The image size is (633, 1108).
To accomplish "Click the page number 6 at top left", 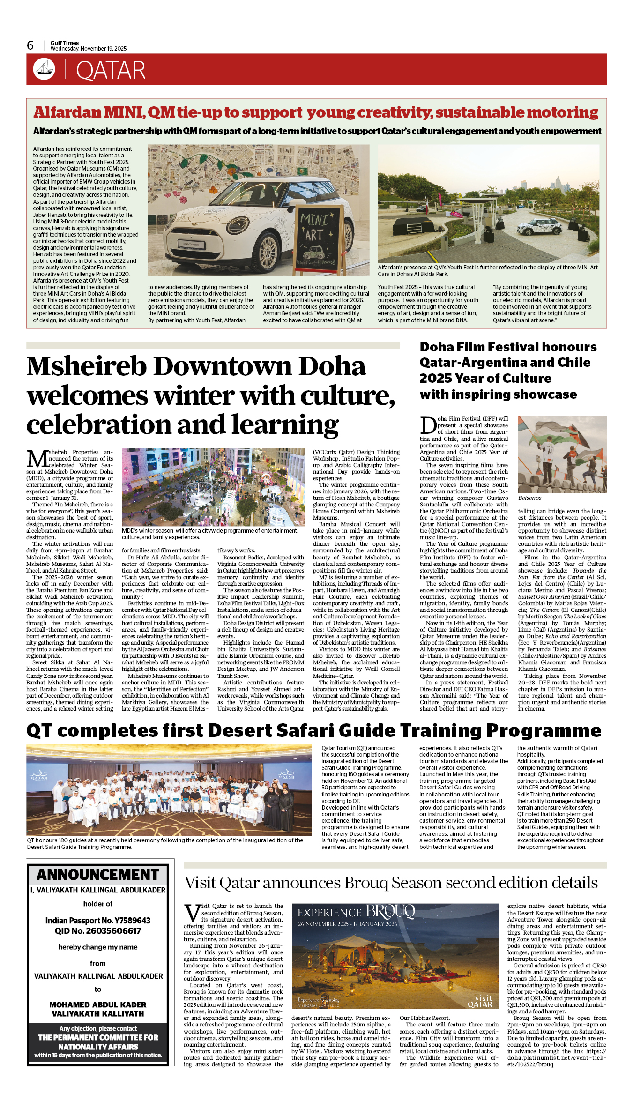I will click(x=30, y=45).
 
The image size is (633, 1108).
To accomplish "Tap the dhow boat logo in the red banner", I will click(x=44, y=69).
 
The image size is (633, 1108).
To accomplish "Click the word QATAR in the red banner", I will click(x=111, y=71).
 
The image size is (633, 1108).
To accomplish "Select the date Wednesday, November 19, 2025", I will click(x=89, y=49).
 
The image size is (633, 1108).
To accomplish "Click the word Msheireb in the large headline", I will click(x=89, y=367).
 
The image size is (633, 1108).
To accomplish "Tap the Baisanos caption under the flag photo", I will click(x=529, y=498).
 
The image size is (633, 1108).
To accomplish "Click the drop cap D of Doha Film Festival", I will click(x=428, y=425).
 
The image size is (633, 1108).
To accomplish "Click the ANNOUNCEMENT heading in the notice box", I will click(x=98, y=875).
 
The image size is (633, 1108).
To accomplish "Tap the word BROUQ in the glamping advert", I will click(x=390, y=911).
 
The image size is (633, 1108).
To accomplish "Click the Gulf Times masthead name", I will click(x=65, y=43).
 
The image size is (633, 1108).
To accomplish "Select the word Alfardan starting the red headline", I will click(x=67, y=112).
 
